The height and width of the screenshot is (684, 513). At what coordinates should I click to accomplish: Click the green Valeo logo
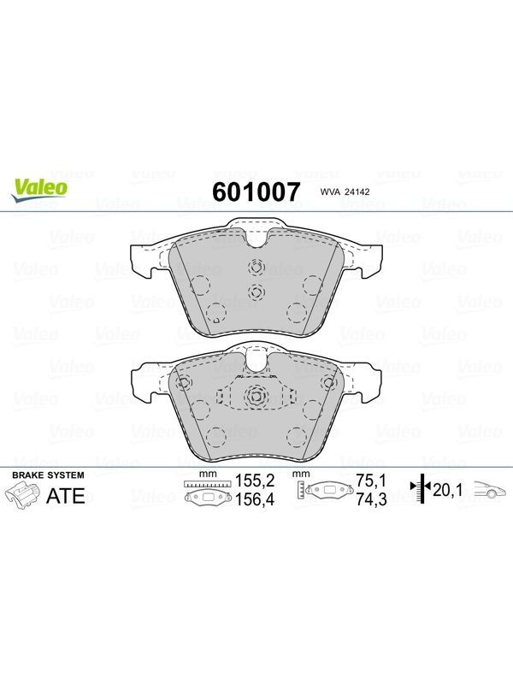click(x=39, y=191)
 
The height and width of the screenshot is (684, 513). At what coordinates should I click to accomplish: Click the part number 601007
click(x=256, y=192)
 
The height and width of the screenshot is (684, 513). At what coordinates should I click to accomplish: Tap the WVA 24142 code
click(x=345, y=192)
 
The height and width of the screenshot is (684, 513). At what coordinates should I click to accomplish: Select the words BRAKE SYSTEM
click(x=48, y=475)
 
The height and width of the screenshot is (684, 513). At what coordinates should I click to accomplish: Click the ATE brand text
click(x=66, y=496)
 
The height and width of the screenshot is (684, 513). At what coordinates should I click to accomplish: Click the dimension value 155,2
click(x=255, y=481)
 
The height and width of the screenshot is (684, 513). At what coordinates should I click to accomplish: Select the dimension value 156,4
click(x=255, y=499)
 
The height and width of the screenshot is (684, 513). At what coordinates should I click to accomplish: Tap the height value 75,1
click(x=371, y=481)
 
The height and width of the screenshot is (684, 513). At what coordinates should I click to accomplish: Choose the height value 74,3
click(x=371, y=499)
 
